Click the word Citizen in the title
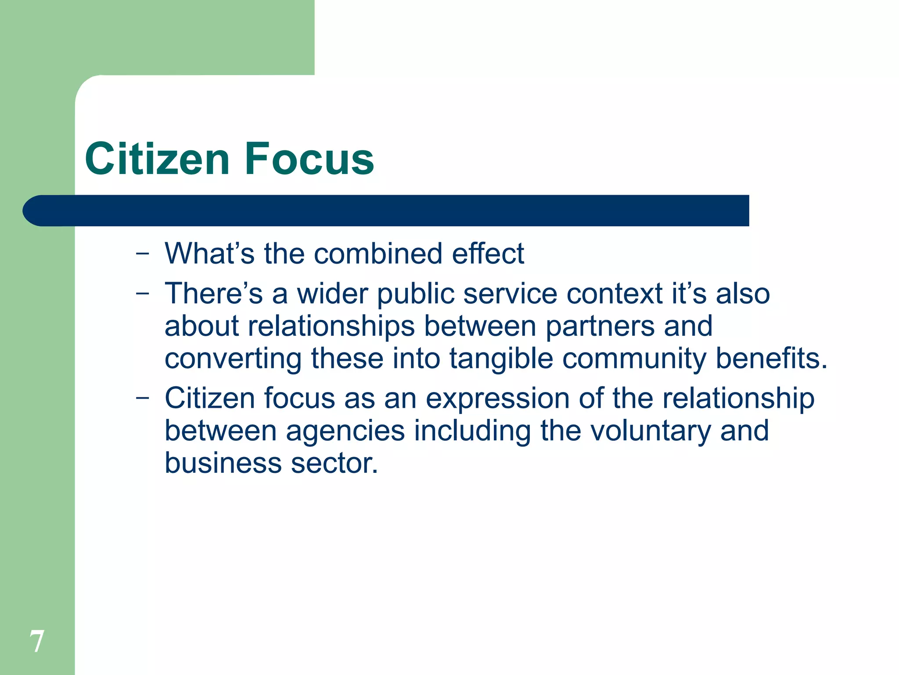point(157,159)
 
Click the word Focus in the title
point(309,159)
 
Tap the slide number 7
point(37,642)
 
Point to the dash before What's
point(142,254)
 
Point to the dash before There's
point(142,294)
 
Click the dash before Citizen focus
point(142,398)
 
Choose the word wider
point(333,294)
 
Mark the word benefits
point(771,359)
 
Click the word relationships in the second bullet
point(331,327)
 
